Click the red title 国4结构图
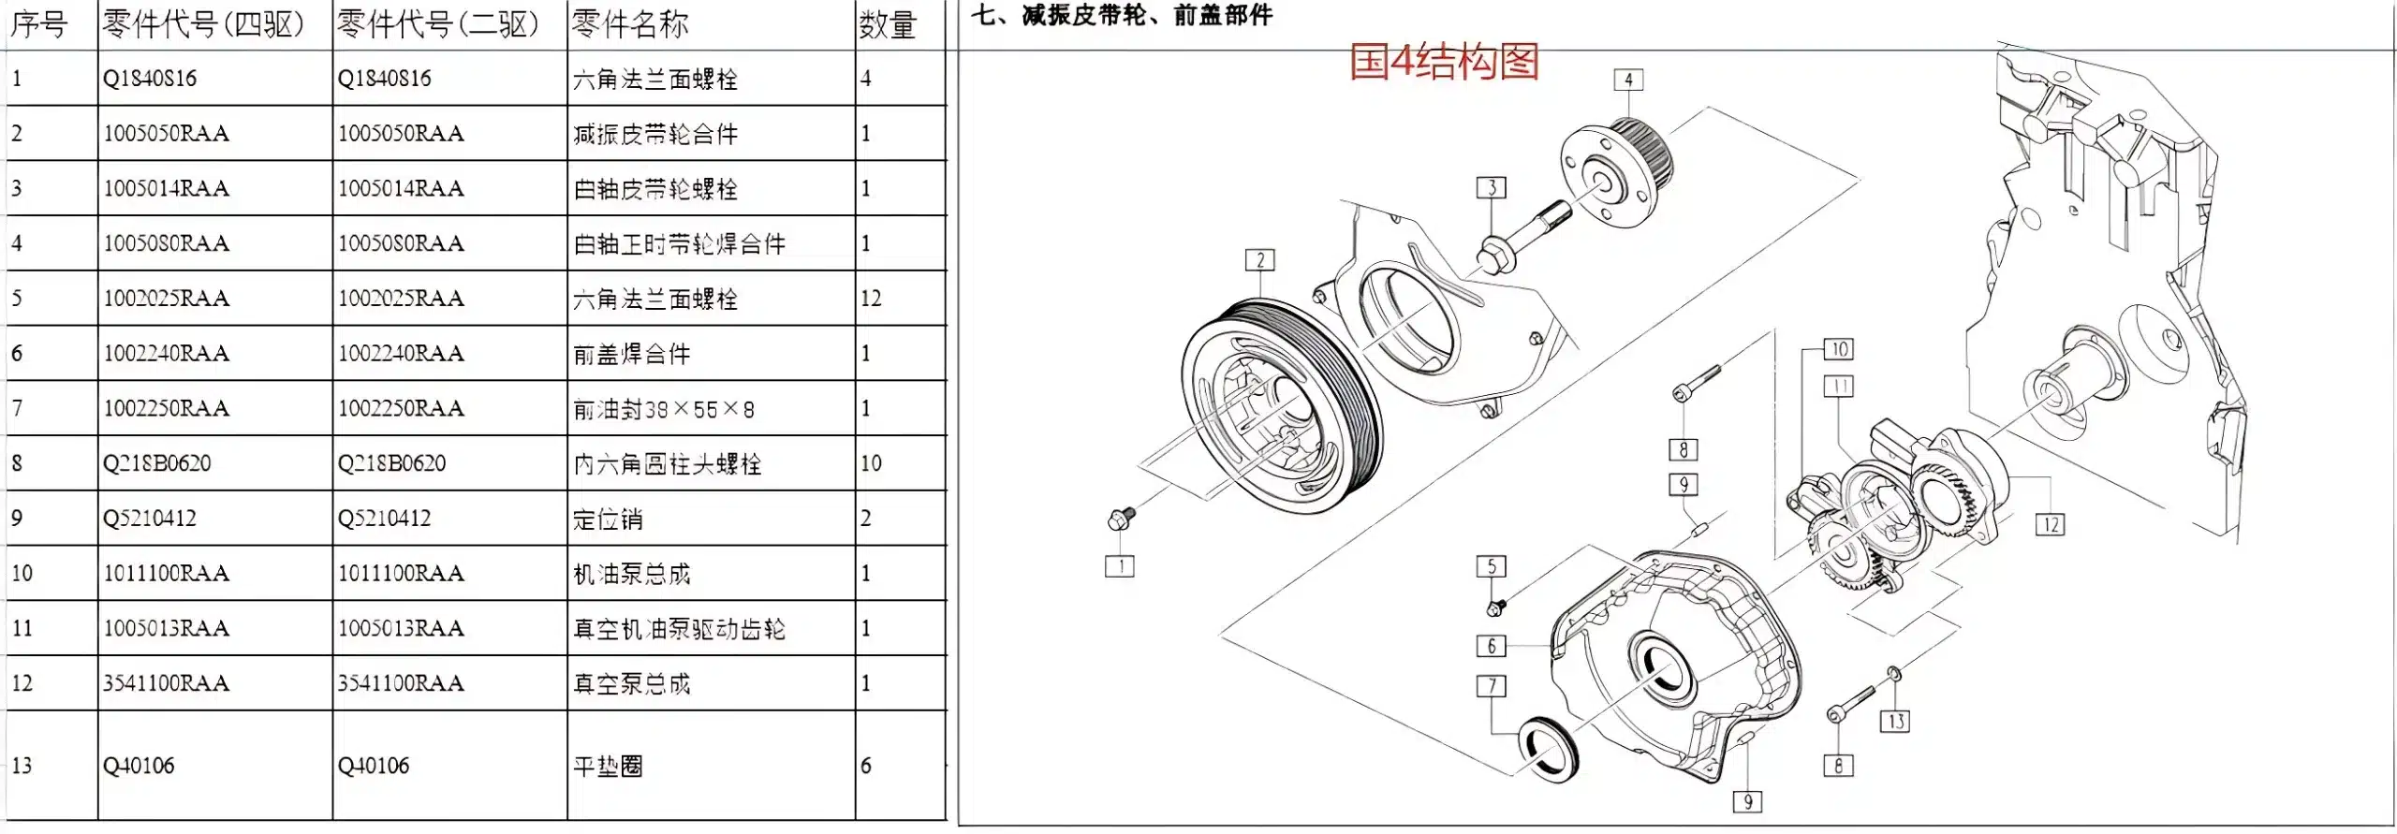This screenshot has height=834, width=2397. click(x=1444, y=62)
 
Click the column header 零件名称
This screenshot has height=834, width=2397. click(x=629, y=24)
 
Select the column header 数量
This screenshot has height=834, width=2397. click(x=886, y=25)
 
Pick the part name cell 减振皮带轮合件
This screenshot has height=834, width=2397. click(x=655, y=134)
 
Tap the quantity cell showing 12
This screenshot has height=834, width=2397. click(x=871, y=299)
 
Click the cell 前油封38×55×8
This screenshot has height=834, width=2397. click(x=663, y=409)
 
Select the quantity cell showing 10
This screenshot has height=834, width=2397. click(x=871, y=463)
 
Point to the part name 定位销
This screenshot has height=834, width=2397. click(x=608, y=519)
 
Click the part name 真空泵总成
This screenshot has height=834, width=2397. click(x=631, y=684)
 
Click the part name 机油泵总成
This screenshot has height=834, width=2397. click(x=631, y=574)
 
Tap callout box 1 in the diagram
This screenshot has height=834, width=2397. click(x=1119, y=566)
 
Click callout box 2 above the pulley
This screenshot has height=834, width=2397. click(x=1259, y=260)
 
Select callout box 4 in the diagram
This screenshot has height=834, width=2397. click(x=1628, y=80)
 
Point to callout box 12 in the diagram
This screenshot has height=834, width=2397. click(x=2050, y=524)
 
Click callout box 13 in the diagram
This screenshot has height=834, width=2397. click(x=1895, y=722)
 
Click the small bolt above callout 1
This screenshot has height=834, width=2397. click(x=1120, y=518)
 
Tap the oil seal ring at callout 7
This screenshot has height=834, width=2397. click(x=1548, y=749)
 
